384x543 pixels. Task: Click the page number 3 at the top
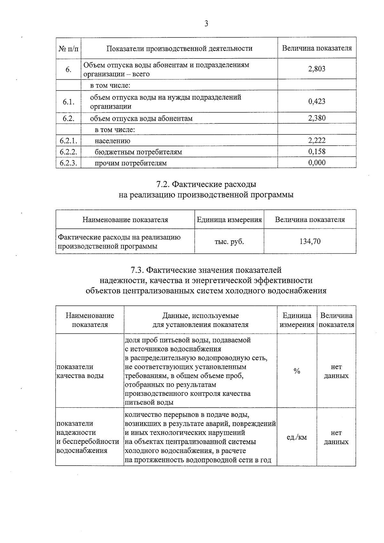point(206,24)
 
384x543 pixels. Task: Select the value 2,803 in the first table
point(316,69)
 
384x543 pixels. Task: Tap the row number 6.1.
point(68,102)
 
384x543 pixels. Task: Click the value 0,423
point(316,101)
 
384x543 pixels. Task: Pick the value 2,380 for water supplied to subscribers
point(316,118)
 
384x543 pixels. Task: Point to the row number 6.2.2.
point(68,152)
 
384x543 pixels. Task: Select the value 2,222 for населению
point(316,140)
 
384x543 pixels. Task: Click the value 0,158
point(316,151)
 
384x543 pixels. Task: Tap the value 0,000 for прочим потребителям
point(316,163)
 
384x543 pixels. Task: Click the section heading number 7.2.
point(163,184)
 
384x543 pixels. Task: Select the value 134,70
point(310,241)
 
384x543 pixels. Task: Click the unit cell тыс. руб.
point(229,242)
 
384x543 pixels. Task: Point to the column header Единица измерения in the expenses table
point(229,220)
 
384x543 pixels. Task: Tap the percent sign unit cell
point(297,371)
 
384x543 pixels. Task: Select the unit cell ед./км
point(297,437)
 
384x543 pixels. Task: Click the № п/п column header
point(68,48)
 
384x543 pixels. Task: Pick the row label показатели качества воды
point(80,371)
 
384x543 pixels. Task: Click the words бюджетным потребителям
point(138,152)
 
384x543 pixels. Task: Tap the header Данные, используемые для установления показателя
point(200,320)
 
